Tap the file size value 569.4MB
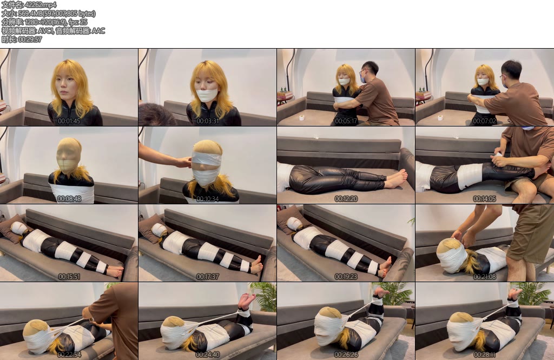point(30,14)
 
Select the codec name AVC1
point(45,31)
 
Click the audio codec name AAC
point(98,31)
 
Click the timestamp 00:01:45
point(69,121)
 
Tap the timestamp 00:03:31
point(207,121)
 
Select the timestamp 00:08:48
point(69,199)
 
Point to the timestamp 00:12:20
point(346,199)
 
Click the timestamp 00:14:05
point(484,199)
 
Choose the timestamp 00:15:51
point(69,276)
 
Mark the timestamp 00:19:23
point(346,276)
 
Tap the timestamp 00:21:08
point(484,276)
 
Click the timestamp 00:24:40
point(207,354)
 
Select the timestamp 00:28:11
point(484,354)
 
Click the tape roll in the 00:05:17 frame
point(302,117)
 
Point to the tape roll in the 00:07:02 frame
point(440,117)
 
